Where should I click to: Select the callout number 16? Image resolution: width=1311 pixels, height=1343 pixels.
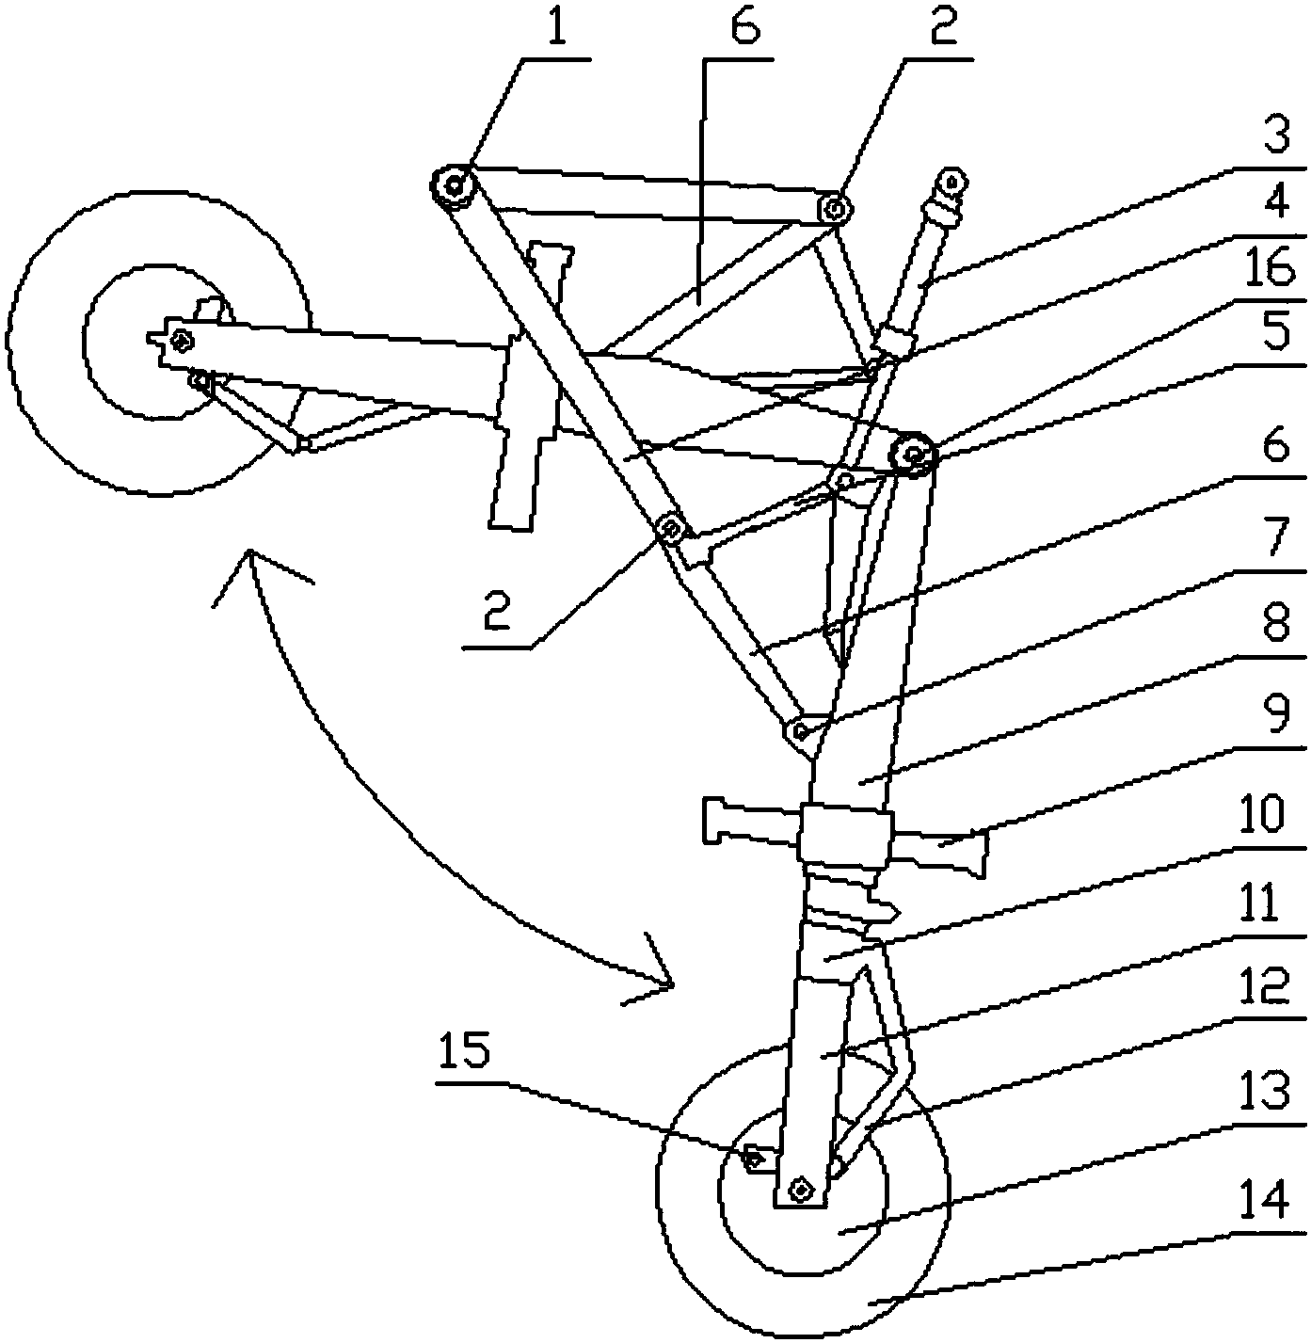1272,269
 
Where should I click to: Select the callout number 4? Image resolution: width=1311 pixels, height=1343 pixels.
1276,202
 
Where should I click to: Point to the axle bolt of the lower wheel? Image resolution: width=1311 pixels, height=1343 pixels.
800,1191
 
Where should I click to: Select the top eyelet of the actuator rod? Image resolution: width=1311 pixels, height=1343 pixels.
952,184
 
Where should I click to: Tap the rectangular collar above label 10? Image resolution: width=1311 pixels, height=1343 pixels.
844,835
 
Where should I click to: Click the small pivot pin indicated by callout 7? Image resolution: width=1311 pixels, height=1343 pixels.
800,729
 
